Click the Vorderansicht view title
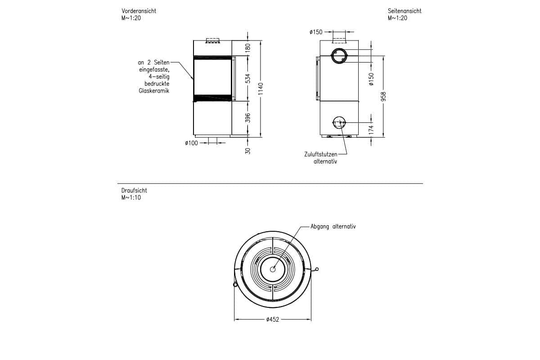click(139, 11)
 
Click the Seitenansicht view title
click(405, 11)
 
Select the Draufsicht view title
click(134, 191)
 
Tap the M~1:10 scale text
click(131, 198)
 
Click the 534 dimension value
click(247, 78)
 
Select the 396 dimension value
click(247, 118)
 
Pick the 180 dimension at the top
click(247, 48)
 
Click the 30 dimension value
click(247, 150)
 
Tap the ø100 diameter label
click(191, 143)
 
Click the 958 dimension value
click(383, 96)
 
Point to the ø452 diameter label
click(273, 319)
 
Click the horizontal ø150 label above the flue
click(316, 32)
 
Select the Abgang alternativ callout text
click(333, 227)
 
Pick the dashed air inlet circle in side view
click(338, 122)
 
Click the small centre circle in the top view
click(273, 269)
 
